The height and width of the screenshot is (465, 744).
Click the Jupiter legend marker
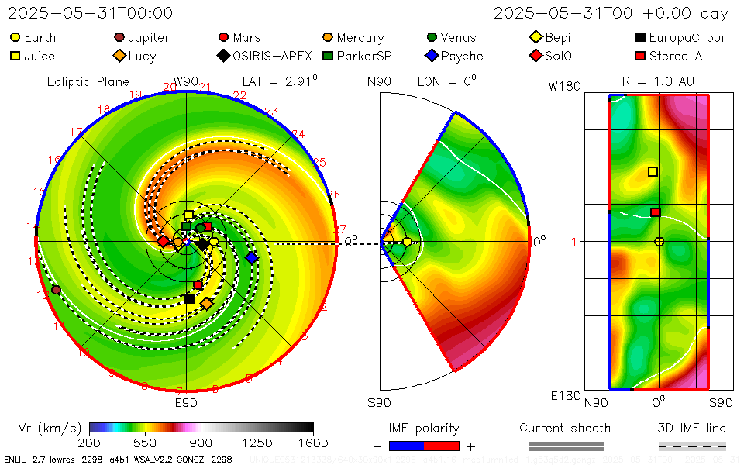119,37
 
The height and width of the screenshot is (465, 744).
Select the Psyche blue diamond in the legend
432,56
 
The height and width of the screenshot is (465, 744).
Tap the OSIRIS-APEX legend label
272,56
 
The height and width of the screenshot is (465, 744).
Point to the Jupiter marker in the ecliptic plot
56,290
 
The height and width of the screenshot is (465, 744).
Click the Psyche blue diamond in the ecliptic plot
251,257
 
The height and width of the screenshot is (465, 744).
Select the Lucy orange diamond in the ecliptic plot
207,303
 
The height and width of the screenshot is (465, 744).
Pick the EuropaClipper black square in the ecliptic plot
190,298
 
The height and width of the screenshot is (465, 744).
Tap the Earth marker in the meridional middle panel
407,242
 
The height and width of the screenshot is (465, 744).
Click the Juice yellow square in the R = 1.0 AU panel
653,172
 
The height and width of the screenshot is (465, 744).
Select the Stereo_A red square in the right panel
655,212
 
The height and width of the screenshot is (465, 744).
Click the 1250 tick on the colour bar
257,443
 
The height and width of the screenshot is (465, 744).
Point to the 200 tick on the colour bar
89,443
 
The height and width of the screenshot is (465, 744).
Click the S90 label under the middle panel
379,403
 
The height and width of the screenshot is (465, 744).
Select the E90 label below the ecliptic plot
186,403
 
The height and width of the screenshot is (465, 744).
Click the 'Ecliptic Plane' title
88,81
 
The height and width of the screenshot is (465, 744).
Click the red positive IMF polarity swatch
442,446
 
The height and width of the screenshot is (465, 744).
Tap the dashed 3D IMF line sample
692,446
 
